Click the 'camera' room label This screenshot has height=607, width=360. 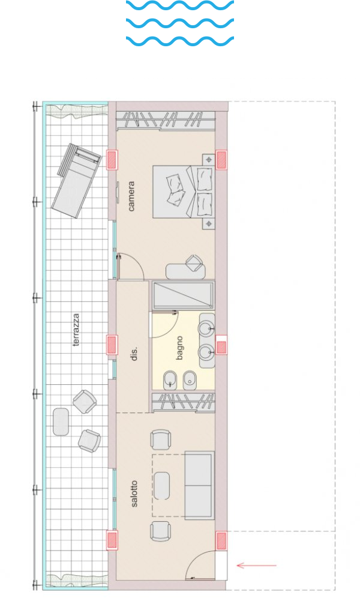pyautogui.click(x=131, y=196)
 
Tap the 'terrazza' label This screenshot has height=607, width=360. pyautogui.click(x=76, y=330)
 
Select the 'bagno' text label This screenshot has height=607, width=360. pyautogui.click(x=179, y=348)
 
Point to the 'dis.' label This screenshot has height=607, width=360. pyautogui.click(x=134, y=354)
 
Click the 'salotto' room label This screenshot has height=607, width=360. pyautogui.click(x=134, y=494)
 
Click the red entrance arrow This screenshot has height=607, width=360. pyautogui.click(x=256, y=566)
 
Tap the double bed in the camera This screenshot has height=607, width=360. pyautogui.click(x=183, y=192)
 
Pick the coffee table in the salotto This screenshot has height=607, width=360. pyautogui.click(x=161, y=486)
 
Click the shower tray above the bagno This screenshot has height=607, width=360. pyautogui.click(x=183, y=295)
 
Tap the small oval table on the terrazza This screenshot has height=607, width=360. pyautogui.click(x=61, y=421)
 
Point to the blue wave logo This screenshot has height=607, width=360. pyautogui.click(x=180, y=23)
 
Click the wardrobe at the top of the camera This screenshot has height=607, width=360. pyautogui.click(x=166, y=119)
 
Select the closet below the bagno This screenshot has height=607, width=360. pyautogui.click(x=183, y=402)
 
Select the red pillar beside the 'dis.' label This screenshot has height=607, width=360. pyautogui.click(x=112, y=345)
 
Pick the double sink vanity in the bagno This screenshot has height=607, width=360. pyautogui.click(x=207, y=340)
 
